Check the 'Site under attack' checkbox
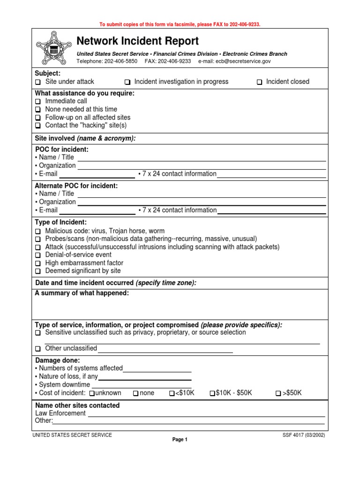[38, 82]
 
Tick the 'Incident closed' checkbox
[259, 82]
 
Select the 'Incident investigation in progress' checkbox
[127, 82]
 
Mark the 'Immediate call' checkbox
[38, 101]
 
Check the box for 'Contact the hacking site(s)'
[38, 126]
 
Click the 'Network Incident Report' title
[137, 41]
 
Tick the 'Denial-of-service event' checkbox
[38, 255]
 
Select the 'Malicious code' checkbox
[38, 232]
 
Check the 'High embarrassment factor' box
[38, 263]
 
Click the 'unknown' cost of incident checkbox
[92, 393]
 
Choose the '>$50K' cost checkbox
[278, 393]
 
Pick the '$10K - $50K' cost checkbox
[212, 393]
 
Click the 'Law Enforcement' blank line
[206, 414]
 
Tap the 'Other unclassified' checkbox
[38, 349]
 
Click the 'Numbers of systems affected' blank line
[157, 369]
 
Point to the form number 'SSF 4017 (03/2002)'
[301, 435]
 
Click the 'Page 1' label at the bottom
[180, 440]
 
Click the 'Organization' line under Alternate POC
[202, 202]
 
